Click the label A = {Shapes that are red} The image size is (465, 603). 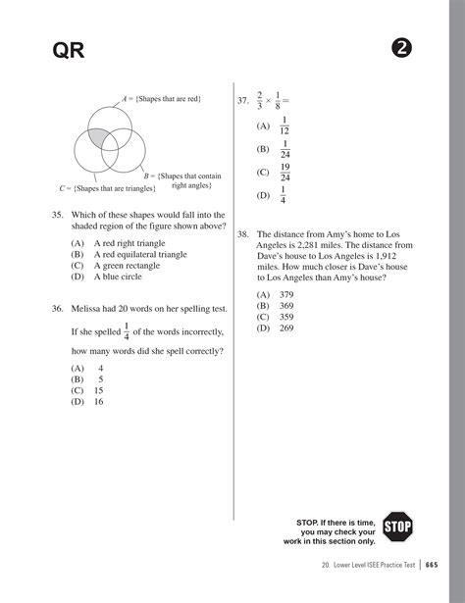(162, 100)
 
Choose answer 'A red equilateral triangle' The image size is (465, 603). (140, 254)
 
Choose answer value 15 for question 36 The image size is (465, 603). (98, 389)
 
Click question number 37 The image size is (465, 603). (242, 101)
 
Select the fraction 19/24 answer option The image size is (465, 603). (284, 173)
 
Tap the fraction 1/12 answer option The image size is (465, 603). (284, 126)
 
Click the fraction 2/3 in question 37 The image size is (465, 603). (260, 100)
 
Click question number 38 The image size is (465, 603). (242, 235)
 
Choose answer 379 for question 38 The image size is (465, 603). (286, 294)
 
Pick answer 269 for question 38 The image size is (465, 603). (286, 328)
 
